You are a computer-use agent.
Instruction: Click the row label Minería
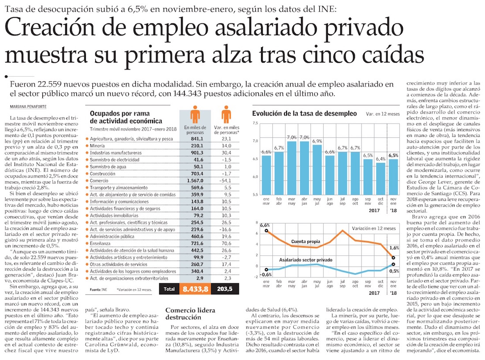pyautogui.click(x=97, y=146)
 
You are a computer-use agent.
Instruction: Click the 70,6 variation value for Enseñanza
pyautogui.click(x=226, y=244)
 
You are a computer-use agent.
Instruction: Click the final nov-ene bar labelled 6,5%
pyautogui.click(x=394, y=176)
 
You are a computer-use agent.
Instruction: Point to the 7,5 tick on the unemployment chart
pyautogui.click(x=255, y=123)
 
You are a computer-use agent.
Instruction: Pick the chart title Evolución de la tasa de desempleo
pyautogui.click(x=304, y=113)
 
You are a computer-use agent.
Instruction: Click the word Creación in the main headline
pyautogui.click(x=56, y=30)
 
